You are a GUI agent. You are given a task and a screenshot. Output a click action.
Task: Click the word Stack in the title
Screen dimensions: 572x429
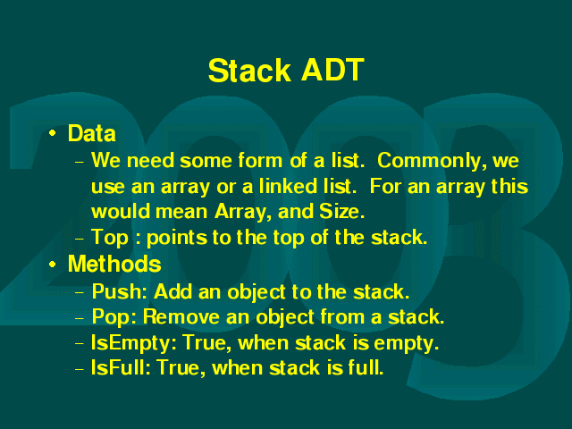(x=249, y=70)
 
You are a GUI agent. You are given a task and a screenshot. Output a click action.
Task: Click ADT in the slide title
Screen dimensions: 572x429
(x=332, y=70)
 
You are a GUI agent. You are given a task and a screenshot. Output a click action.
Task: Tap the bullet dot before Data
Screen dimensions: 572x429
(x=53, y=133)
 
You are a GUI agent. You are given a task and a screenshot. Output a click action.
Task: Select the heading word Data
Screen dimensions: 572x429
(x=91, y=133)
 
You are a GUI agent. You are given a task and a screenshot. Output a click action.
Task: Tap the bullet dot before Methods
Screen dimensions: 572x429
(x=53, y=264)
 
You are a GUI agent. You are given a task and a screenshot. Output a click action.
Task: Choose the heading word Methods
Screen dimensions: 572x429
(x=114, y=264)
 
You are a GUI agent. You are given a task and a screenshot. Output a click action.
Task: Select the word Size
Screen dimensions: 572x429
(x=341, y=212)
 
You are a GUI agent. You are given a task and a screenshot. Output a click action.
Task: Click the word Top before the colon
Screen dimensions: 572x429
(x=110, y=238)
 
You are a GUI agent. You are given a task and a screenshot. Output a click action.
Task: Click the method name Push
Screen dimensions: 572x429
(x=119, y=291)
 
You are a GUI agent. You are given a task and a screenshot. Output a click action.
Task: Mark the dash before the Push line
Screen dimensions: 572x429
(x=80, y=292)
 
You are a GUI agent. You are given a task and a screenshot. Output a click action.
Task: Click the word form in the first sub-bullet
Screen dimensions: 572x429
(x=260, y=161)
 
